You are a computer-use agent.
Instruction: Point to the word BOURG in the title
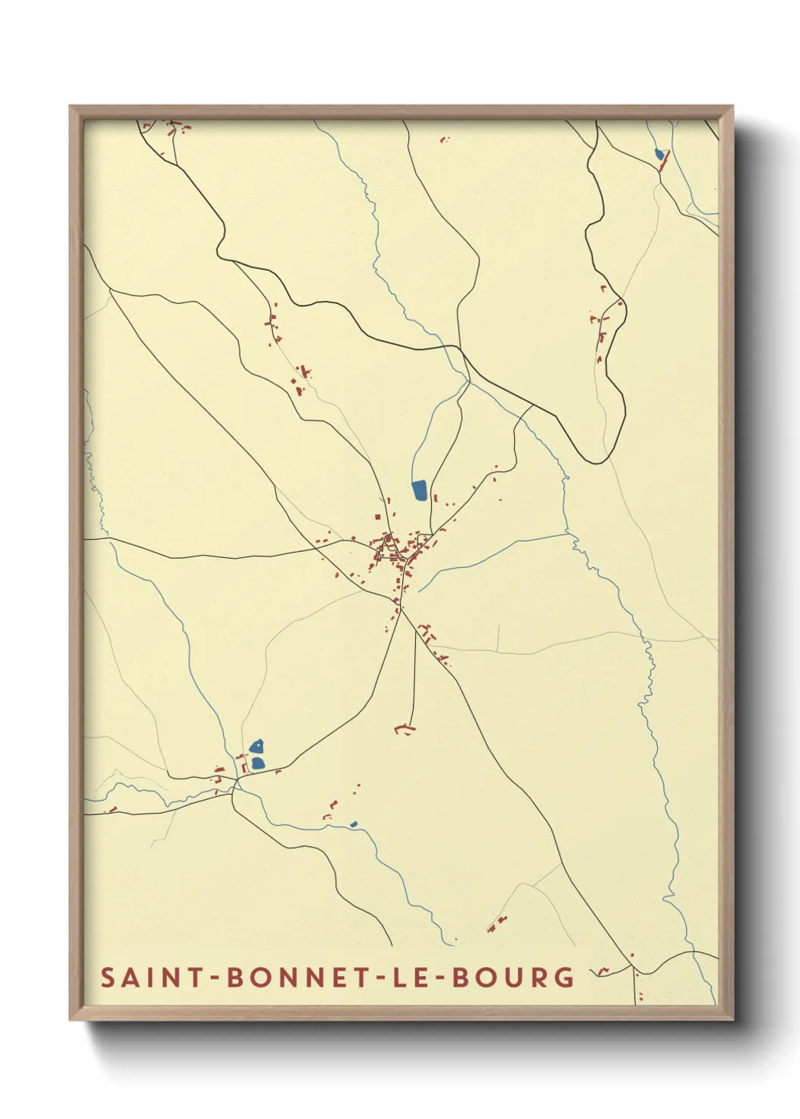(513, 977)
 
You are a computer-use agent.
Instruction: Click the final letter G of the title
(564, 977)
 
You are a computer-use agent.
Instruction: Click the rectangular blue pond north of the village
(419, 490)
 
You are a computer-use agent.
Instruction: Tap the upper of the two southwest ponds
(256, 745)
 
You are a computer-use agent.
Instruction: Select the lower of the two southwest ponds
(258, 763)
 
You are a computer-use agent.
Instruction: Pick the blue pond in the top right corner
(659, 154)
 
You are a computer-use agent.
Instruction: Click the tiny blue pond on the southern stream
(353, 823)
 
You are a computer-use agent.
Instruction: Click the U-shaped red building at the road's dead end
(405, 729)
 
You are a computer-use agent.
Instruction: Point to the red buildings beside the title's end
(603, 971)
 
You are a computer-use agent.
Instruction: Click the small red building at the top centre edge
(444, 140)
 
